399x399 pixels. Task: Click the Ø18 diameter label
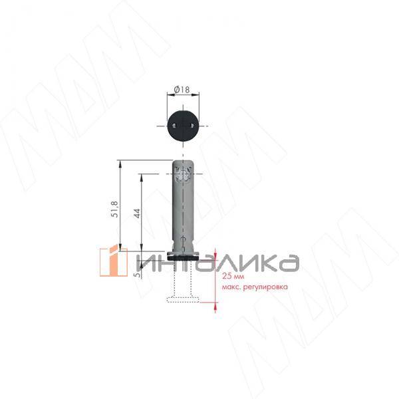[x=182, y=90]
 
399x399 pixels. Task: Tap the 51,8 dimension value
[x=115, y=209]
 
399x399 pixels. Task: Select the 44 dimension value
[x=137, y=213]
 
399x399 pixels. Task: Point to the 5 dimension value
[x=138, y=275]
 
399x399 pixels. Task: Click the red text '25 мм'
[x=233, y=277]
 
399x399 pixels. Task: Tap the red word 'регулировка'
[x=265, y=287]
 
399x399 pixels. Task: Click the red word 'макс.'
[x=231, y=287]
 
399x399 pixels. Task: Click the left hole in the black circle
[x=174, y=125]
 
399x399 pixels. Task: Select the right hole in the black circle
[x=192, y=125]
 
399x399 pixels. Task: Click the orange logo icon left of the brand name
[x=114, y=262]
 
